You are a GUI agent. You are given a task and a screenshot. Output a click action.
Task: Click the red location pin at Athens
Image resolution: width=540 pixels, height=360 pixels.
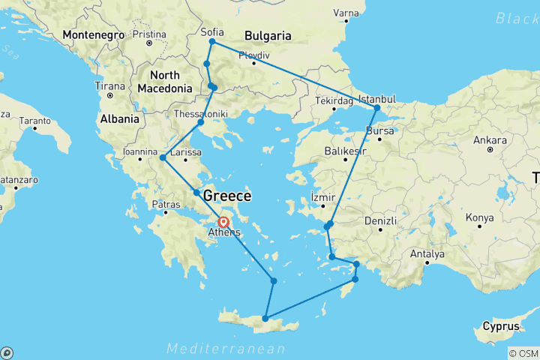[x=223, y=221]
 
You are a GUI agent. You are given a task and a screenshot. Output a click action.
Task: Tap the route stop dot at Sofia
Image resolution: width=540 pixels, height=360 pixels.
[x=212, y=41]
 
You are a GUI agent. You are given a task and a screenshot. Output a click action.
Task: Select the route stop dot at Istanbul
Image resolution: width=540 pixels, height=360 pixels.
[x=377, y=108]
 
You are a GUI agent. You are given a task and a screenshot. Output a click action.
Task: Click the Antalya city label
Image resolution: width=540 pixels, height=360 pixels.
[x=427, y=253]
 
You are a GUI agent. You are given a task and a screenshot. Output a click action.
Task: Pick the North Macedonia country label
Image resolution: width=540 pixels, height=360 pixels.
[x=164, y=82]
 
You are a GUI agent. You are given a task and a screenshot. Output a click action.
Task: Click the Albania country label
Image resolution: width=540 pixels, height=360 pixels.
[x=120, y=118]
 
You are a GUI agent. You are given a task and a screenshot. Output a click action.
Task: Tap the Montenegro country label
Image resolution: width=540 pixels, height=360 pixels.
[x=94, y=34]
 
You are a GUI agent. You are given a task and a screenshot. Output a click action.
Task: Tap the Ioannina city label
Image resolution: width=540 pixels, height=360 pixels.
[x=141, y=157]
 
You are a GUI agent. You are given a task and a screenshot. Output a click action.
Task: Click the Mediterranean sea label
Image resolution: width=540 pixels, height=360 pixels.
[x=226, y=349]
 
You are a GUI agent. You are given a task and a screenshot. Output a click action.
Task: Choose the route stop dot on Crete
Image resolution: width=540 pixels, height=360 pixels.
[x=265, y=319]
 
